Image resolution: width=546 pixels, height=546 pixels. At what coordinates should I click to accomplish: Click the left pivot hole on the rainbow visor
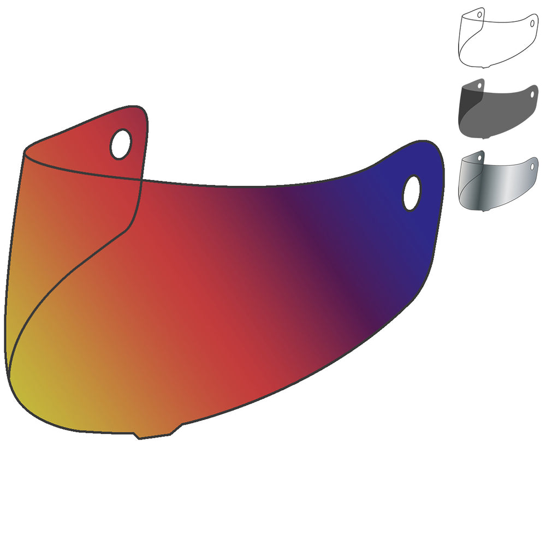120,144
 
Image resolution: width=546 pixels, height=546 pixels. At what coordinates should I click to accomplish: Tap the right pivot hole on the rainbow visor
412,193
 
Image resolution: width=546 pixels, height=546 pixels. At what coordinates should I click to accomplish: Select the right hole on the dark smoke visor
532,94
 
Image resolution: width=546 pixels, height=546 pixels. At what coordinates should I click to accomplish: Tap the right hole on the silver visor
532,164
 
